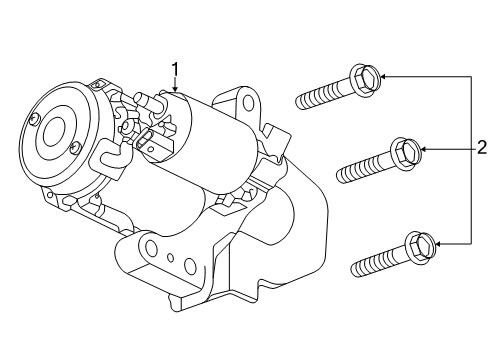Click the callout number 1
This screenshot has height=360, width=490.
pos(175,69)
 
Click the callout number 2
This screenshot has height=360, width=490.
pos(481,148)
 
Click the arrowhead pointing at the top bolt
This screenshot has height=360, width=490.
pos(382,75)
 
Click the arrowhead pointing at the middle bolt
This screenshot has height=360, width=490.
pos(425,149)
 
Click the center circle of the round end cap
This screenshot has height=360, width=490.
pos(50,130)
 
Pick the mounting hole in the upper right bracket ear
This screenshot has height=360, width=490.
pos(246,103)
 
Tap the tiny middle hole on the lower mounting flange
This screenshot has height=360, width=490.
pos(170,259)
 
